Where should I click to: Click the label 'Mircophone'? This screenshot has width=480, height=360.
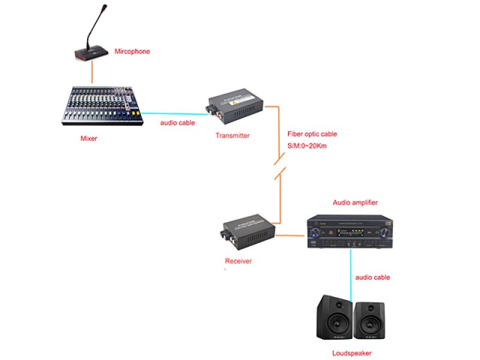[x=132, y=52]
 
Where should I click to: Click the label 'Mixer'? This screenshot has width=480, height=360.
[x=89, y=139]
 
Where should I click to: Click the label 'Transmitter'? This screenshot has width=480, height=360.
[x=232, y=136]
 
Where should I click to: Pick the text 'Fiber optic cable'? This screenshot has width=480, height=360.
[x=312, y=134]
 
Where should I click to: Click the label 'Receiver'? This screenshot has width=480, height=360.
[x=238, y=261]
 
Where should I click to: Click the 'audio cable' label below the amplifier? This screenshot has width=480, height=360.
[x=373, y=277]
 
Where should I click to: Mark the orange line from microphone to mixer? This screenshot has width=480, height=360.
[x=92, y=73]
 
